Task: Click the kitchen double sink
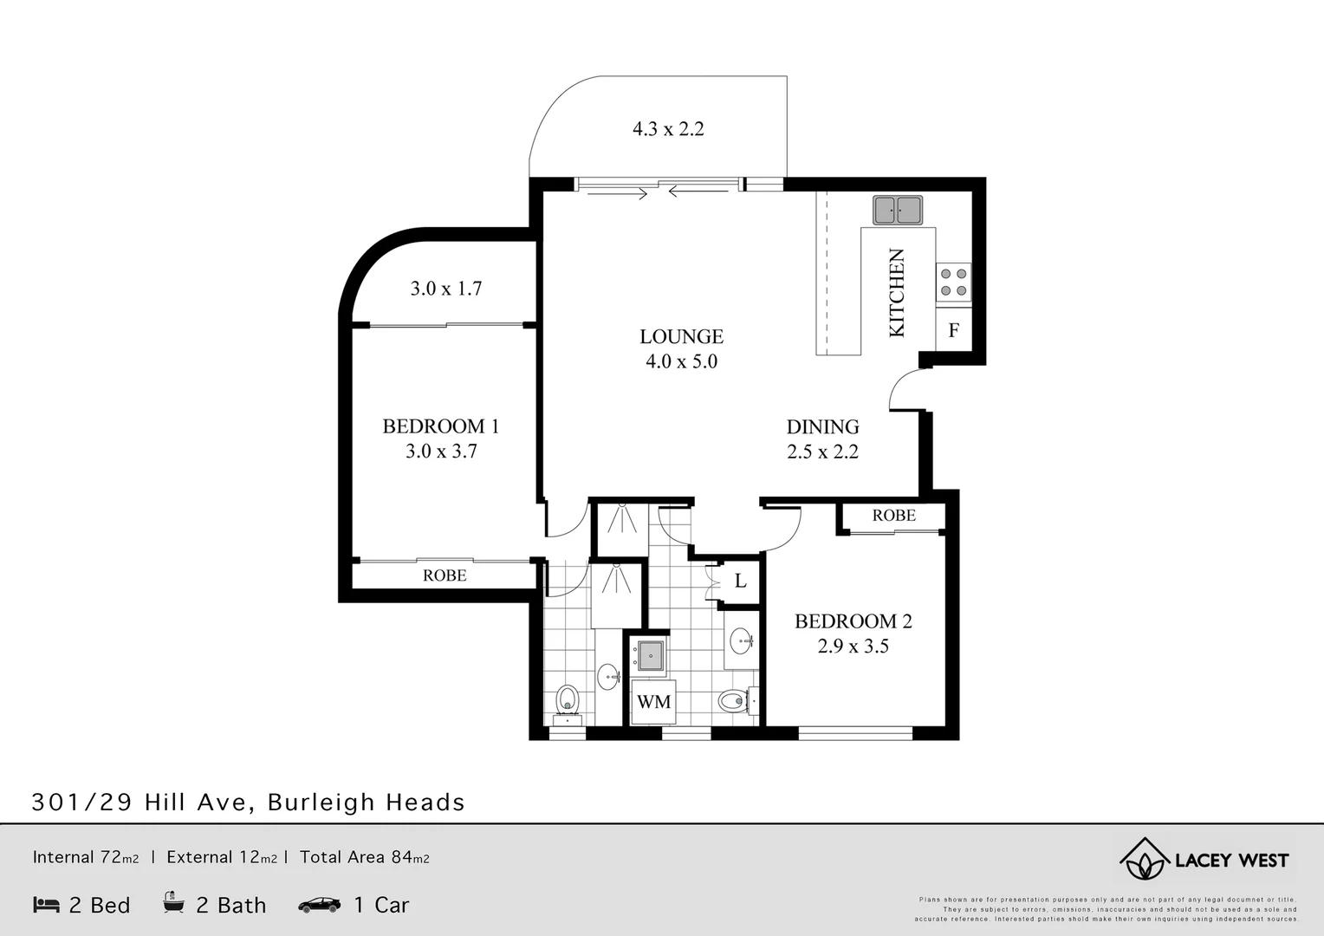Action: click(897, 210)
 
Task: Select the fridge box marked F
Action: click(954, 330)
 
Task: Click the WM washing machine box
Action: click(653, 702)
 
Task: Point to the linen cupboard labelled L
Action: click(740, 581)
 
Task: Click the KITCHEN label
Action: click(897, 293)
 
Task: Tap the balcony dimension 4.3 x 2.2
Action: click(668, 129)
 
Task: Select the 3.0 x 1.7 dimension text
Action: click(446, 289)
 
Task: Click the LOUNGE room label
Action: click(681, 336)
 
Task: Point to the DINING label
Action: click(822, 426)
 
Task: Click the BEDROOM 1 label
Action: click(440, 426)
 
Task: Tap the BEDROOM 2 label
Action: click(853, 621)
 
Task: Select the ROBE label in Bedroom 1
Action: click(445, 575)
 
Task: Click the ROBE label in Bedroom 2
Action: click(893, 516)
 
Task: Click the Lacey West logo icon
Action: click(1143, 860)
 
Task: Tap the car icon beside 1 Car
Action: click(319, 905)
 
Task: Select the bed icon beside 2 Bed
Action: click(46, 905)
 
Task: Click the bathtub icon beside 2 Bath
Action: click(173, 903)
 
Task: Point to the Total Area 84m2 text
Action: click(364, 857)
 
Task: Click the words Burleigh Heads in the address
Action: click(366, 803)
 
